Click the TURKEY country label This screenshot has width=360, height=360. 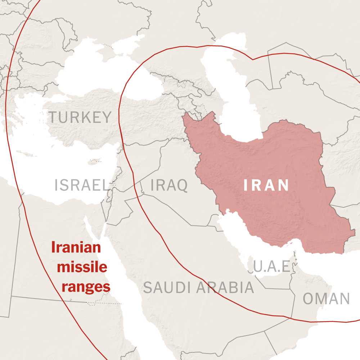[x=80, y=117]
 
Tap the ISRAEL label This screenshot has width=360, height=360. [x=81, y=185]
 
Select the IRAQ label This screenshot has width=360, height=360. [x=169, y=185]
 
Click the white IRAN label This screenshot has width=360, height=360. [x=266, y=185]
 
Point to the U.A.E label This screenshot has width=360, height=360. [x=271, y=267]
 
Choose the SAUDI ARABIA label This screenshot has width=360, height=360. [x=198, y=288]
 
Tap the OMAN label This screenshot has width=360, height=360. [x=326, y=299]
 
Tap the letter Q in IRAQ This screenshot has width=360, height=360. [x=182, y=185]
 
